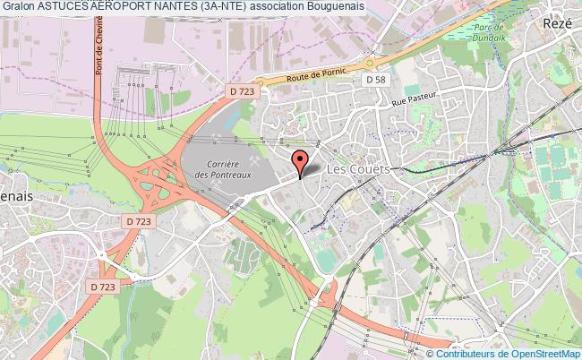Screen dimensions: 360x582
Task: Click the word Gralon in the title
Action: pyautogui.click(x=20, y=6)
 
